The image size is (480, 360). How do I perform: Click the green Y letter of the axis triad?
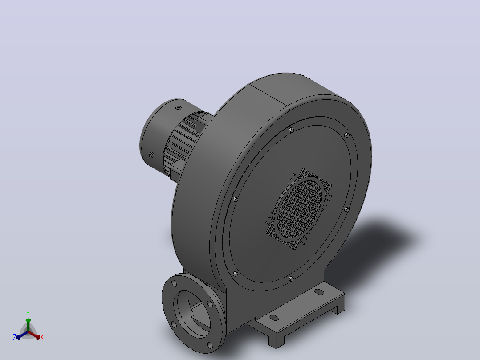click(x=28, y=313)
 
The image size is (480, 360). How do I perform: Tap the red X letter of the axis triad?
click(x=42, y=337)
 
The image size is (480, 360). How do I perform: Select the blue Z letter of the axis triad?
click(x=15, y=337)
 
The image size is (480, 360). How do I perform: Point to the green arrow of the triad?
click(x=28, y=324)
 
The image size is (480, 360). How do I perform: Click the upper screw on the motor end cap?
click(x=179, y=108)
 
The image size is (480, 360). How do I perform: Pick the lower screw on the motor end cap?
click(x=151, y=155)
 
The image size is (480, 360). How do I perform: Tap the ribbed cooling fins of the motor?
click(x=181, y=144)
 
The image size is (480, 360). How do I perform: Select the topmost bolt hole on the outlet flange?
click(x=174, y=283)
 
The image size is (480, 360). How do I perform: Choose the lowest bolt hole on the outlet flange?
click(x=210, y=346)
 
